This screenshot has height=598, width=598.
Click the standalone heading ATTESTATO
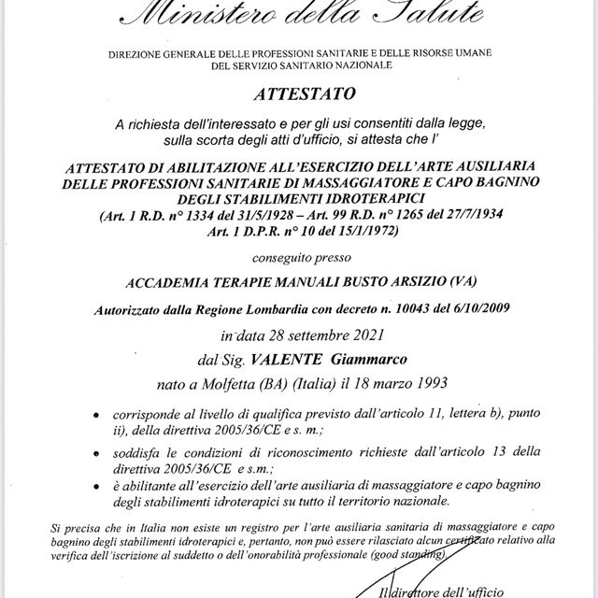[x=298, y=93]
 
